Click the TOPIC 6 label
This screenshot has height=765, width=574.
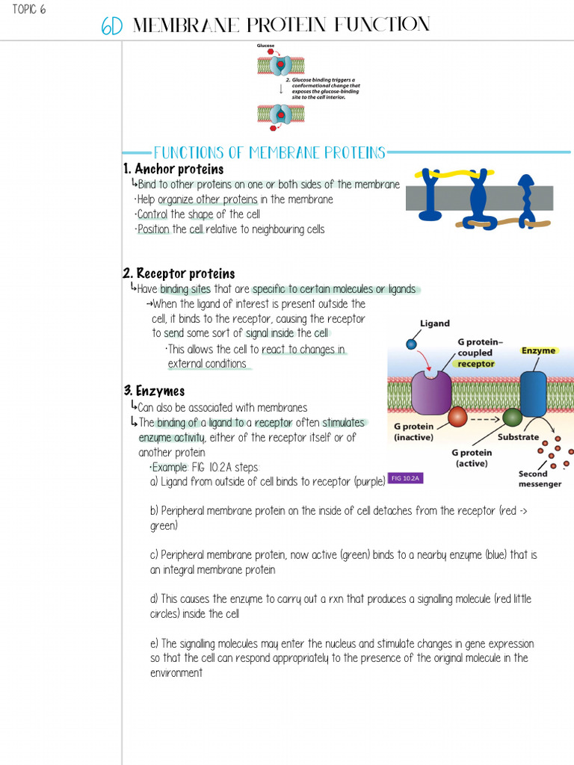point(29,10)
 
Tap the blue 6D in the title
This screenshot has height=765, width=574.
point(112,27)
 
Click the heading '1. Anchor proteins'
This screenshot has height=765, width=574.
point(173,169)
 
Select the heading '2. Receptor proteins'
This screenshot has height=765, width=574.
point(179,273)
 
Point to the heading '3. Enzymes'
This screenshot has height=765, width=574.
point(154,391)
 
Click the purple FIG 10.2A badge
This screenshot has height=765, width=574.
point(406,478)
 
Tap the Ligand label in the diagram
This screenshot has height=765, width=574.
point(435,323)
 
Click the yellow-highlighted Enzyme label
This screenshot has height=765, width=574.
point(538,350)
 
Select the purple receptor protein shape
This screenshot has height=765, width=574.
point(431,391)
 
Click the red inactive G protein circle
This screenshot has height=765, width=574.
point(457,417)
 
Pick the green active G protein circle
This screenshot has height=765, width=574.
point(512,417)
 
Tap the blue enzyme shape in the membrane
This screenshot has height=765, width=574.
point(533,394)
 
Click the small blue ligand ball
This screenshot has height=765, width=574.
point(410,344)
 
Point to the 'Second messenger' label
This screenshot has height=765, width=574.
point(540,479)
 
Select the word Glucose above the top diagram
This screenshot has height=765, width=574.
point(266,46)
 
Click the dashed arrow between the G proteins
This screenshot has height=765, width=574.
point(485,418)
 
